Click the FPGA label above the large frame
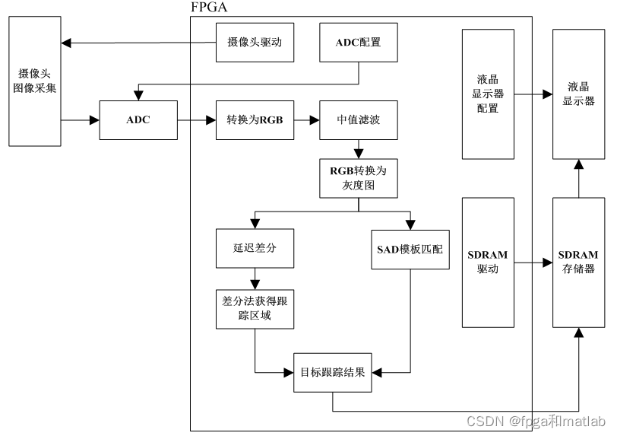click(208, 8)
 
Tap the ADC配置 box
click(358, 43)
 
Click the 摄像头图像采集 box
click(34, 81)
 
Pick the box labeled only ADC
click(138, 120)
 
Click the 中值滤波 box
click(358, 120)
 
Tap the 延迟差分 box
click(255, 248)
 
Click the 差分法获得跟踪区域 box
click(255, 308)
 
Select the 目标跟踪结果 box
click(333, 373)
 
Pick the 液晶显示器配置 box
click(488, 94)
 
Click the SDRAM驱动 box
click(488, 263)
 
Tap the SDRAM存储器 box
click(578, 263)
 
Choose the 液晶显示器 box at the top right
click(578, 94)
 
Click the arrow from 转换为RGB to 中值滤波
click(305, 120)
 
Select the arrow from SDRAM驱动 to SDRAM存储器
click(533, 263)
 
